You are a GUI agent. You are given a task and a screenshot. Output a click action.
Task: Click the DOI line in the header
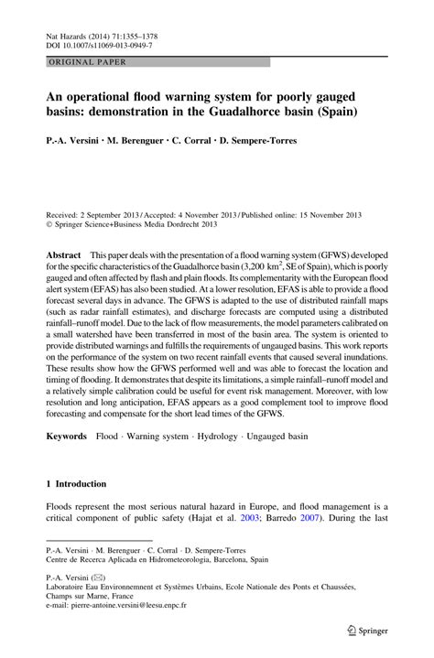tap(101, 43)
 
